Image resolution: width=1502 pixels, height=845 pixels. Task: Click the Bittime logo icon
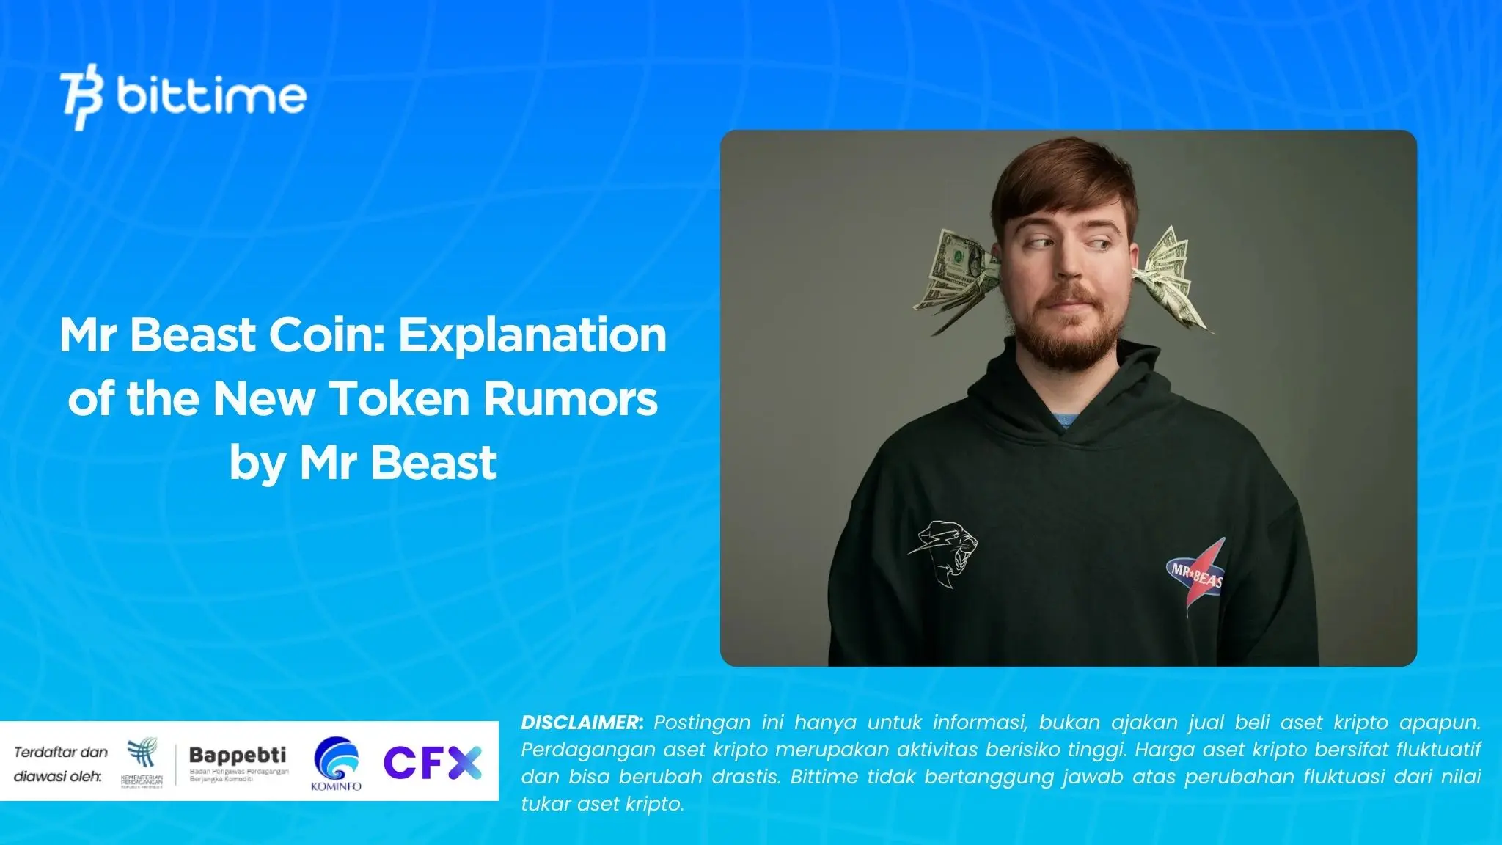pyautogui.click(x=81, y=96)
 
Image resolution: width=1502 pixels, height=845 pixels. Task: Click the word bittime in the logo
pyautogui.click(x=211, y=96)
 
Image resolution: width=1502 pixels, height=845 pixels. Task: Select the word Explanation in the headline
pyautogui.click(x=532, y=335)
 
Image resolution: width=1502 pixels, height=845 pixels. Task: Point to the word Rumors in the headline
pyautogui.click(x=570, y=399)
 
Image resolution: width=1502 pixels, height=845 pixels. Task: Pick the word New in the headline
pyautogui.click(x=264, y=399)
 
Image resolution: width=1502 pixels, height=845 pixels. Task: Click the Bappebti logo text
pyautogui.click(x=238, y=755)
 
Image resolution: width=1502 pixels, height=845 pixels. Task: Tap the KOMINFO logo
pyautogui.click(x=336, y=764)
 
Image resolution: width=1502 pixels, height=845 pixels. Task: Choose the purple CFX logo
pyautogui.click(x=433, y=763)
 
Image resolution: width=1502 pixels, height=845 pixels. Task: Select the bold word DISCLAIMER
pyautogui.click(x=582, y=723)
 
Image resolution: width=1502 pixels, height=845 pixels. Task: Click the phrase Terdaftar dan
pyautogui.click(x=61, y=752)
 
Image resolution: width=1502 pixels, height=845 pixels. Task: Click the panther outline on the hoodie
pyautogui.click(x=945, y=550)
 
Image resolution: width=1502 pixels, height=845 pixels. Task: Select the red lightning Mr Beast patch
pyautogui.click(x=1196, y=576)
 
